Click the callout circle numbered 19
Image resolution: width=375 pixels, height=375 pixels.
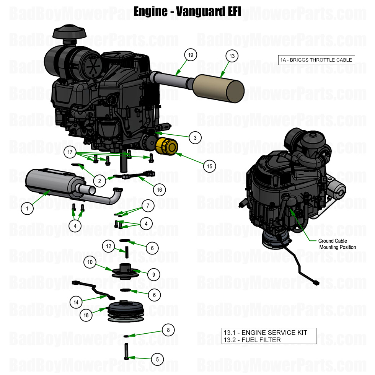click(x=191, y=55)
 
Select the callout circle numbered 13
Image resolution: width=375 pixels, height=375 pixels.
click(x=232, y=56)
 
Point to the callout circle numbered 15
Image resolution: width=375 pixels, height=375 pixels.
click(x=209, y=166)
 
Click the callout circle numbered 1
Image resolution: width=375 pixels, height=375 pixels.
click(x=27, y=209)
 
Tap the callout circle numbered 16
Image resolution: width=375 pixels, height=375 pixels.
click(x=159, y=189)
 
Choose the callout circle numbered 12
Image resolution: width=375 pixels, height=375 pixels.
click(x=109, y=246)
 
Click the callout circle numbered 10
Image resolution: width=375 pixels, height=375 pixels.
click(x=90, y=262)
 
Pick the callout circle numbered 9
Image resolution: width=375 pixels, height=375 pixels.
click(x=153, y=274)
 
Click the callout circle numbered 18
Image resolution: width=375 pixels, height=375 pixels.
click(x=86, y=315)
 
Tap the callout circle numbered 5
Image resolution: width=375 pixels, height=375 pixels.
click(x=157, y=359)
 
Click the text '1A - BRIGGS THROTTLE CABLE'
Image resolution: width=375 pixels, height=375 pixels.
click(x=316, y=60)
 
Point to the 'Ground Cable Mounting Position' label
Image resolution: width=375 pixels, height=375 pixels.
click(x=337, y=244)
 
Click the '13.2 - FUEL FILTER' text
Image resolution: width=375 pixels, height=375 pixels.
click(x=252, y=340)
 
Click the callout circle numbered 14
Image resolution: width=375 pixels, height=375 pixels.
click(x=76, y=302)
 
